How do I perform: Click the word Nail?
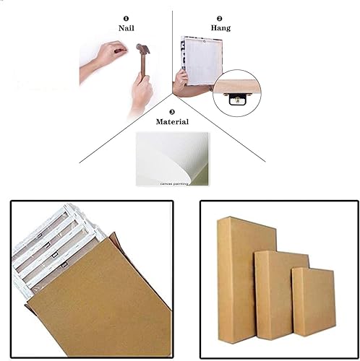(x=126, y=28)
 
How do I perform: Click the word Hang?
(x=220, y=28)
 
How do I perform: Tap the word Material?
(x=172, y=122)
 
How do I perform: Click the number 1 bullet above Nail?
(x=126, y=19)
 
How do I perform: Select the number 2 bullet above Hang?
(x=219, y=19)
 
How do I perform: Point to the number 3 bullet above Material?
(x=172, y=112)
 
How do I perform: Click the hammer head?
(x=143, y=48)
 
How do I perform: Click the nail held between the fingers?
(x=120, y=51)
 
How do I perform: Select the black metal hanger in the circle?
(x=237, y=100)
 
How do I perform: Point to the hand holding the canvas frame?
(x=181, y=82)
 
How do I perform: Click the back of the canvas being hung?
(x=202, y=61)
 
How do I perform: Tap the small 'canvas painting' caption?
(x=173, y=184)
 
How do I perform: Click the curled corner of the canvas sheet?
(x=195, y=174)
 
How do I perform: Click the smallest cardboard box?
(x=314, y=302)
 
